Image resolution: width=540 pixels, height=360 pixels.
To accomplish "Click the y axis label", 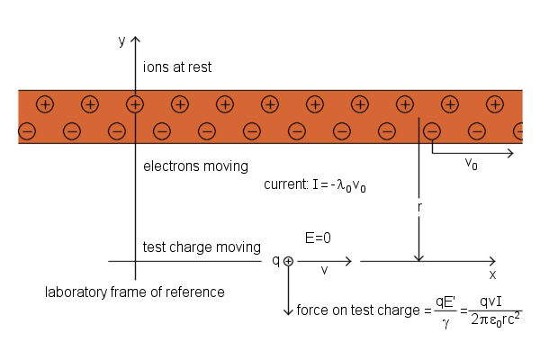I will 121,40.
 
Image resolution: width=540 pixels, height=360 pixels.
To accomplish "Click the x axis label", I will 492,274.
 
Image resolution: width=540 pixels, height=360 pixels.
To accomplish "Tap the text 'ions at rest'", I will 177,67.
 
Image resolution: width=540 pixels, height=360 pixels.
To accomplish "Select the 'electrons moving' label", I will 195,166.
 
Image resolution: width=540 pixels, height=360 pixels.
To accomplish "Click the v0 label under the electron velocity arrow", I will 471,163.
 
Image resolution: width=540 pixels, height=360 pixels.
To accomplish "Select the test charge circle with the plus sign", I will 288,261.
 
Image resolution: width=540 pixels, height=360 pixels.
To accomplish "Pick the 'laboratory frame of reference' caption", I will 135,292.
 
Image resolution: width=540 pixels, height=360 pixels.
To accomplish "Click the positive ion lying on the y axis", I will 135,104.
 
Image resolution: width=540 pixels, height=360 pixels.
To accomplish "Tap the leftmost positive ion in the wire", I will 45,104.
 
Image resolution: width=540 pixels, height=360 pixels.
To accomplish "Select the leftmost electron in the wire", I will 27,132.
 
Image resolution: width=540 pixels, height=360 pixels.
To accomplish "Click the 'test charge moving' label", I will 202,247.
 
